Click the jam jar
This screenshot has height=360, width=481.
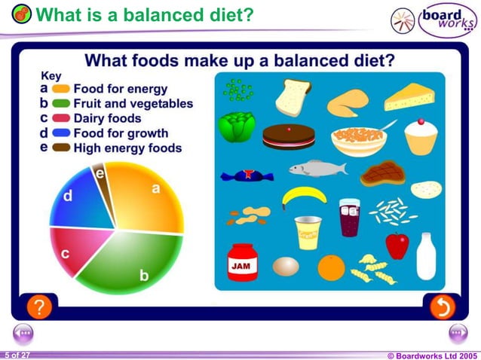243,261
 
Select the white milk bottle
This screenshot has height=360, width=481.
426,256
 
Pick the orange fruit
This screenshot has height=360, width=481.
331,267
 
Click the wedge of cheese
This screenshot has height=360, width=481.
409,97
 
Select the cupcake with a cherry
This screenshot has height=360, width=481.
421,136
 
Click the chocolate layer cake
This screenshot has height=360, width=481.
288,136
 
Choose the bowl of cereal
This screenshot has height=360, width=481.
358,139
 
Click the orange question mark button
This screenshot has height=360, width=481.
39,307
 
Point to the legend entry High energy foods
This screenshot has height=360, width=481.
126,148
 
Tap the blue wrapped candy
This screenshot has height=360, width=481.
247,176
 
